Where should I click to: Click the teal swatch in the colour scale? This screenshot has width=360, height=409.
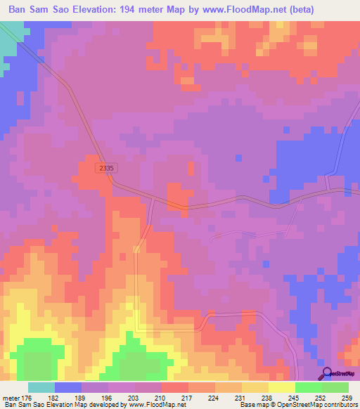pyautogui.click(x=41, y=387)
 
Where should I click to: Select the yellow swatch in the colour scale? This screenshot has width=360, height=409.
pyautogui.click(x=282, y=387)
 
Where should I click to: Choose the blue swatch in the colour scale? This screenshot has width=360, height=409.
pyautogui.click(x=68, y=387)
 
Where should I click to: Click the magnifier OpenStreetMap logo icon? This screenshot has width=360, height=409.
pyautogui.click(x=326, y=374)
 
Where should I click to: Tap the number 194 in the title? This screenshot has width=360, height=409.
pyautogui.click(x=136, y=9)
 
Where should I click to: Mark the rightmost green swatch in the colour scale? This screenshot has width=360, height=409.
pyautogui.click(x=335, y=387)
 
